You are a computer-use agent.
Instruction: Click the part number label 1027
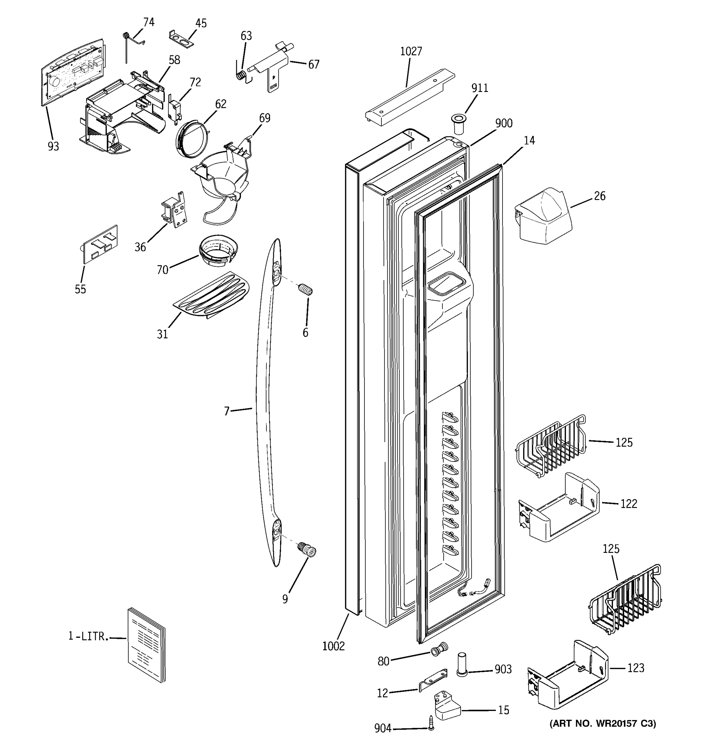[x=411, y=51]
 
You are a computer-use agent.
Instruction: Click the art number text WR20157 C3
[x=602, y=723]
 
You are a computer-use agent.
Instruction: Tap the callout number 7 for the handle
[x=227, y=411]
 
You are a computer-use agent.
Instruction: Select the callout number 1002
[x=334, y=646]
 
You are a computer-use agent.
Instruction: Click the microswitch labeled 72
[x=174, y=109]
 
